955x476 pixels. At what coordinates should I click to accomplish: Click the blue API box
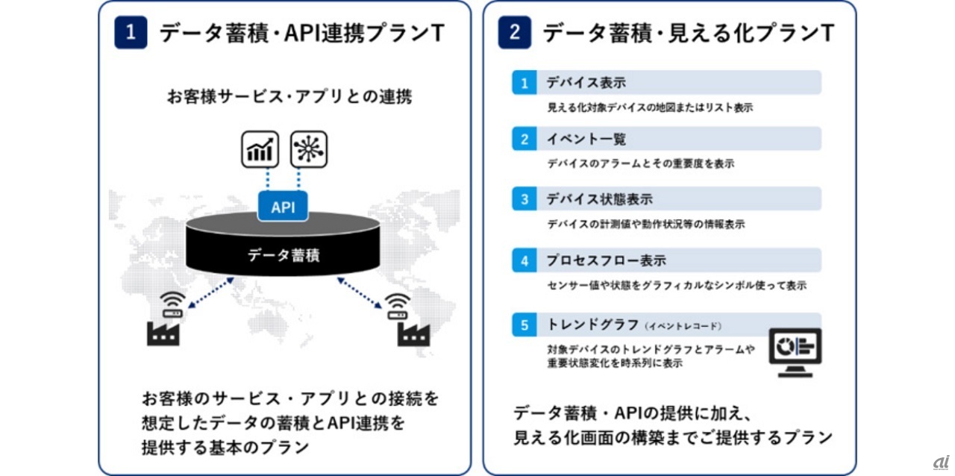tap(283, 207)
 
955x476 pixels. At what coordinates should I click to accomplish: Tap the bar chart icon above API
tap(260, 149)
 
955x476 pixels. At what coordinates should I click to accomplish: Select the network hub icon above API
tap(308, 149)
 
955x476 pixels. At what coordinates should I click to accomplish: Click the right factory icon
tap(413, 333)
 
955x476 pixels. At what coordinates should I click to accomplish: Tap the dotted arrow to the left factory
tap(210, 292)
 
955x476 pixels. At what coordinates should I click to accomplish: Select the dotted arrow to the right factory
tap(360, 292)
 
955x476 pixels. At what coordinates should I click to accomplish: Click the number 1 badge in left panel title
tap(131, 33)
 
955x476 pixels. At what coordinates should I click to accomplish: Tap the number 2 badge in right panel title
tap(515, 33)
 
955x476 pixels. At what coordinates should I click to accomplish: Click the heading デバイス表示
tap(586, 82)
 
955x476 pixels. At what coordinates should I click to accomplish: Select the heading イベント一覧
tap(586, 140)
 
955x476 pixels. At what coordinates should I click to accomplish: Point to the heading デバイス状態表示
tap(599, 199)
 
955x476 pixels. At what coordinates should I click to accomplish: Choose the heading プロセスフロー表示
tap(606, 260)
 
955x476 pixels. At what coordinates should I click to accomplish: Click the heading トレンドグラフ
tap(592, 325)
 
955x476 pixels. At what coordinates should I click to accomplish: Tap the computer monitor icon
tap(795, 351)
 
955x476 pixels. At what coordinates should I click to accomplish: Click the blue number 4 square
tap(525, 260)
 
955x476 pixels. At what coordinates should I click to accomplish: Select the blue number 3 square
tap(525, 199)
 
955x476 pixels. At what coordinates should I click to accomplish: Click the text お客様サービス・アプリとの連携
tap(289, 97)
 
